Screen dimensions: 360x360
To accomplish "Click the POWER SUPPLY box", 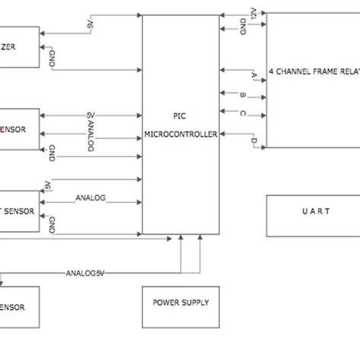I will coord(181,306).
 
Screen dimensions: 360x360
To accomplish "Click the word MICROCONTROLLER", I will coord(181,134).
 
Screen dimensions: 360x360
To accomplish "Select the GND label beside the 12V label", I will coord(243,29).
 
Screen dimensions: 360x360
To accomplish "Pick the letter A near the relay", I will coord(254,76).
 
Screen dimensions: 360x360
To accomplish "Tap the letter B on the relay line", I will coord(242,96).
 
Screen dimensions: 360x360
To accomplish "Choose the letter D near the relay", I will coord(254,141).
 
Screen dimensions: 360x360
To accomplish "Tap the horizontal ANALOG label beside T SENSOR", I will coord(90,198).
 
